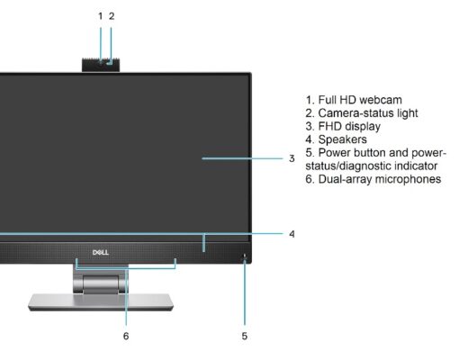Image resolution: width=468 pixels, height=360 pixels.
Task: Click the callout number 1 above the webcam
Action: tap(101, 16)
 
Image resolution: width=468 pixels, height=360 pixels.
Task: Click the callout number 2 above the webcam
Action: tap(112, 16)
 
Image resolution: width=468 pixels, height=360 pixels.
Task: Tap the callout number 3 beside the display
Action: tap(292, 158)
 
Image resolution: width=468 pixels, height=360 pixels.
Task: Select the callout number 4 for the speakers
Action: tap(292, 234)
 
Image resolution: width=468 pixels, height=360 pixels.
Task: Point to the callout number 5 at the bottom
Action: tap(245, 336)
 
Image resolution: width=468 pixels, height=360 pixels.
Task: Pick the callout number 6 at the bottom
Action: tap(126, 336)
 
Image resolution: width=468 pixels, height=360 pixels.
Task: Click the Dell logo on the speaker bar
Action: tap(101, 252)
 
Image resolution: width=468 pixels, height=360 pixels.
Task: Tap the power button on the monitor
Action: tap(245, 256)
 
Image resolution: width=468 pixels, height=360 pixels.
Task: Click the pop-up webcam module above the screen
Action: tap(101, 65)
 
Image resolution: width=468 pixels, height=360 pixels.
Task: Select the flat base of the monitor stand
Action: tap(101, 302)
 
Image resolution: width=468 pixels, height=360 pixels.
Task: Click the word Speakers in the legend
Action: tap(342, 139)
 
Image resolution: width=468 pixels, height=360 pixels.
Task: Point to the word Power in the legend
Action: tap(335, 153)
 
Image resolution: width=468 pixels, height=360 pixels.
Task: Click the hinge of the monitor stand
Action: tap(101, 283)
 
